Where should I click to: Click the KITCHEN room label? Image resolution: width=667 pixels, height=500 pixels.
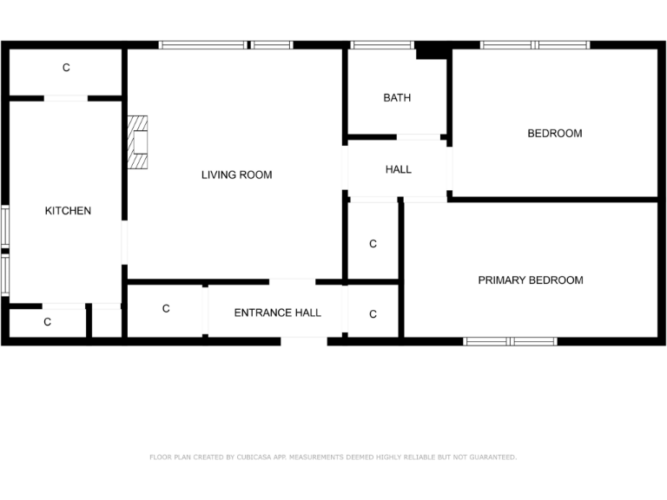[68, 211]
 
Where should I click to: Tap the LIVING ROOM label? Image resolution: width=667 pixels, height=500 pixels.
[236, 175]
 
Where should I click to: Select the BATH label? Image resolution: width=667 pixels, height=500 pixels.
[397, 98]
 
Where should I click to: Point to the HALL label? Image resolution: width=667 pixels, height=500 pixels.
[399, 170]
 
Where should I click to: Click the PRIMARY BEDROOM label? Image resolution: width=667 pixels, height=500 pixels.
[530, 280]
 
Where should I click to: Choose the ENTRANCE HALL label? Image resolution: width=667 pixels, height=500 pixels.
[277, 313]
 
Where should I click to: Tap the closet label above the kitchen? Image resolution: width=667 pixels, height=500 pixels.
[66, 68]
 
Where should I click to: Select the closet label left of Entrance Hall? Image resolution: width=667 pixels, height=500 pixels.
[166, 309]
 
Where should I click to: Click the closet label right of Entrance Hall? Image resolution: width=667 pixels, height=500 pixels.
[373, 314]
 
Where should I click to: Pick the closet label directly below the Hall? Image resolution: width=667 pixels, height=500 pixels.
[373, 244]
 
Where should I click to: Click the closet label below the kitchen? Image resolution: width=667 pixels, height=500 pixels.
[48, 322]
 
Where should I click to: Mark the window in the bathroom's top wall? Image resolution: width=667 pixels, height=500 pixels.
[381, 44]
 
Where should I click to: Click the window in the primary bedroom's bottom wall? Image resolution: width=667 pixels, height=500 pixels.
[511, 341]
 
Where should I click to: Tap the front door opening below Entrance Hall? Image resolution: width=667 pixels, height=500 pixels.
[304, 341]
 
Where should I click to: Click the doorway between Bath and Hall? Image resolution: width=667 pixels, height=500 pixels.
[419, 136]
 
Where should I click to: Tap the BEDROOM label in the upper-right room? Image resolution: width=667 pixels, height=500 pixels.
[555, 134]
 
